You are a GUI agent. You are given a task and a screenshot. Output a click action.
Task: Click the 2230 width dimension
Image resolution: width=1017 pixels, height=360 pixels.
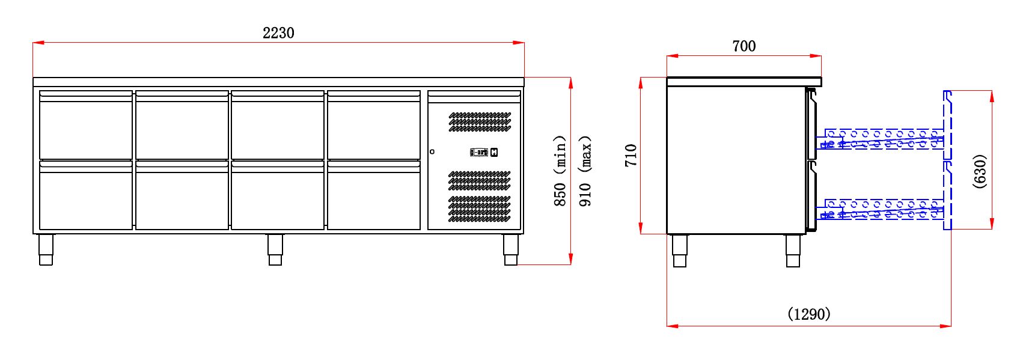point(278,33)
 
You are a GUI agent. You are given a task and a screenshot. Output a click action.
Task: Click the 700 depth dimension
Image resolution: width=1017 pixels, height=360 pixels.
point(744,46)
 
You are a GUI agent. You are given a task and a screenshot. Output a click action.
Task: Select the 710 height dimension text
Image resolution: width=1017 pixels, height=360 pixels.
point(631,155)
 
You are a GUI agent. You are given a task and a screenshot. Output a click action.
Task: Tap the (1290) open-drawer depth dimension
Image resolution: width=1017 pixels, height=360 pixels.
point(808,314)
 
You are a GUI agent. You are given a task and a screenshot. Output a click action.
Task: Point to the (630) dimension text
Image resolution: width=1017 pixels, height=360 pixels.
point(980,171)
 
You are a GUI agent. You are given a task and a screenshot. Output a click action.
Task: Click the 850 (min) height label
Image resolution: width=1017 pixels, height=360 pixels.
point(560,171)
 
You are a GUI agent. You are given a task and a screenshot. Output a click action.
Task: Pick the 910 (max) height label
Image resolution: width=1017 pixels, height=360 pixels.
point(585,171)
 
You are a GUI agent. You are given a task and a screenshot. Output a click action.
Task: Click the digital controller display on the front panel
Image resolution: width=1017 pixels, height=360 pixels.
point(479,153)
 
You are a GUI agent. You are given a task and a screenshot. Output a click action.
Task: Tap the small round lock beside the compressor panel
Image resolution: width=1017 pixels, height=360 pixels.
point(432,151)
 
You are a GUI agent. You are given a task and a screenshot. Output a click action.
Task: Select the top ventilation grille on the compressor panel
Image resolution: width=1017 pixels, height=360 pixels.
point(480,121)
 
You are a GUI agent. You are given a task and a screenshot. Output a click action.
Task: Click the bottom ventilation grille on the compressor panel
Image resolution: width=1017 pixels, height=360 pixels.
point(480,209)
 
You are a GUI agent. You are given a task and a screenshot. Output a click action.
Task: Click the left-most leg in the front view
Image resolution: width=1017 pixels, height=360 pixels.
point(46,249)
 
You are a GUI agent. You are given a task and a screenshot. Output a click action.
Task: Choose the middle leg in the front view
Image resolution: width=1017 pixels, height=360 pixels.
point(275,249)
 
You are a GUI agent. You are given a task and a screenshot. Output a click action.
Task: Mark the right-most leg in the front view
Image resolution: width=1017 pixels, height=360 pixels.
point(511,249)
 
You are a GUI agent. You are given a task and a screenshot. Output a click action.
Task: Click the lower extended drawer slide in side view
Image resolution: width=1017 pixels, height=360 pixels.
point(881,209)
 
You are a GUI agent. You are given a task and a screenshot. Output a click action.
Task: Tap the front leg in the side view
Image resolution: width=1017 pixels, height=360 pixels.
point(793,251)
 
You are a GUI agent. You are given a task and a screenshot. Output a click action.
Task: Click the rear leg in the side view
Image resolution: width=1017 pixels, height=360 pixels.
point(680,251)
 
